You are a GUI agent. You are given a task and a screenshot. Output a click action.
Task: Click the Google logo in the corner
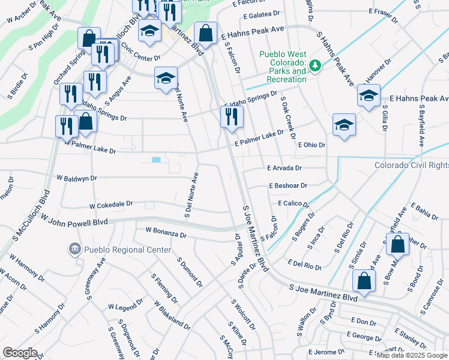20,353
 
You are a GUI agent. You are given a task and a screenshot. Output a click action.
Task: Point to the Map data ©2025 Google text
412,355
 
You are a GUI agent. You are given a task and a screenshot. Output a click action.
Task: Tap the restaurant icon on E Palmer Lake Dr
232,118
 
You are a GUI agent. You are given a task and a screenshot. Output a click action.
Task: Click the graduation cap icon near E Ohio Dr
345,125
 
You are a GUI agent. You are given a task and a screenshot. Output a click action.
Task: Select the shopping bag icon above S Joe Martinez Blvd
364,280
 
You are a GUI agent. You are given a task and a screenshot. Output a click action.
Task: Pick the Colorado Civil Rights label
411,165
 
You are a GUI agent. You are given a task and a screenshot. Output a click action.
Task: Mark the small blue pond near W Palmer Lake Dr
157,160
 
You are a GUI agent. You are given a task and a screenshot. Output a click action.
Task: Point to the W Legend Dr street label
124,307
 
